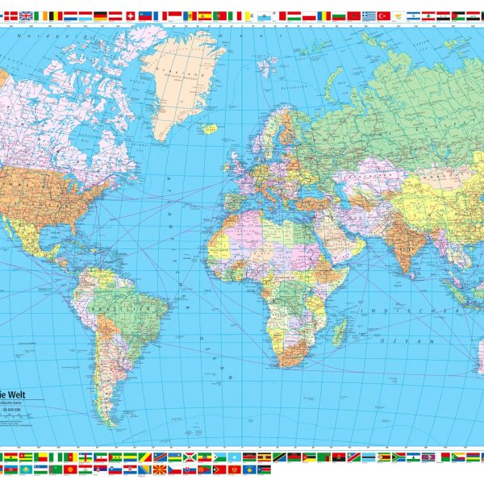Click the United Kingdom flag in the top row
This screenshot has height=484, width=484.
click(x=25, y=15)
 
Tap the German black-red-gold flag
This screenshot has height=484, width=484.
click(x=100, y=15)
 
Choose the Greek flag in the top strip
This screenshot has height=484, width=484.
click(x=369, y=15)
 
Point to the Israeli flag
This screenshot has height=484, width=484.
click(x=414, y=15)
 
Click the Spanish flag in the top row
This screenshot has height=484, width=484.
click(x=205, y=15)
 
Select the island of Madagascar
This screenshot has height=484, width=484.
click(x=340, y=331)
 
